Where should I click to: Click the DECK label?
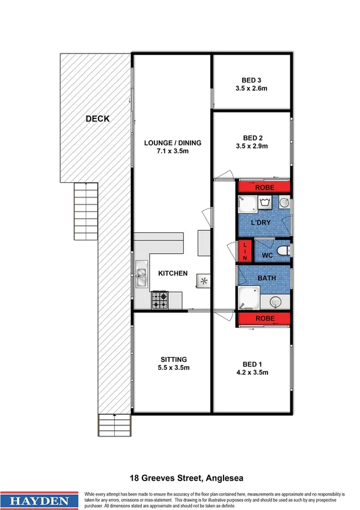tap(97, 118)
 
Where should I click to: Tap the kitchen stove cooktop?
tap(159, 299)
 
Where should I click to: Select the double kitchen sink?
tap(142, 277)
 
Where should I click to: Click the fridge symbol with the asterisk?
tap(204, 281)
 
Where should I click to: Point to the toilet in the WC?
tap(285, 251)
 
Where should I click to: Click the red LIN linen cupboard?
tap(245, 251)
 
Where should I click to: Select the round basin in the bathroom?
tap(276, 302)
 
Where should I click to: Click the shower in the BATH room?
tap(247, 299)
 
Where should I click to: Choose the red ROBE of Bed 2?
tap(264, 187)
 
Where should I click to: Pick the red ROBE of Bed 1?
tap(264, 319)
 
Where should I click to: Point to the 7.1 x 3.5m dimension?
tap(172, 151)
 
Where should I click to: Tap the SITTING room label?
tap(172, 359)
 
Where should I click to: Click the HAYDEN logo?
tap(40, 499)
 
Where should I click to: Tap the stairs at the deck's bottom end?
tap(115, 425)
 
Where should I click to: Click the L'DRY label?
tap(262, 223)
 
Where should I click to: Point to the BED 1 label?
tap(252, 364)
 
